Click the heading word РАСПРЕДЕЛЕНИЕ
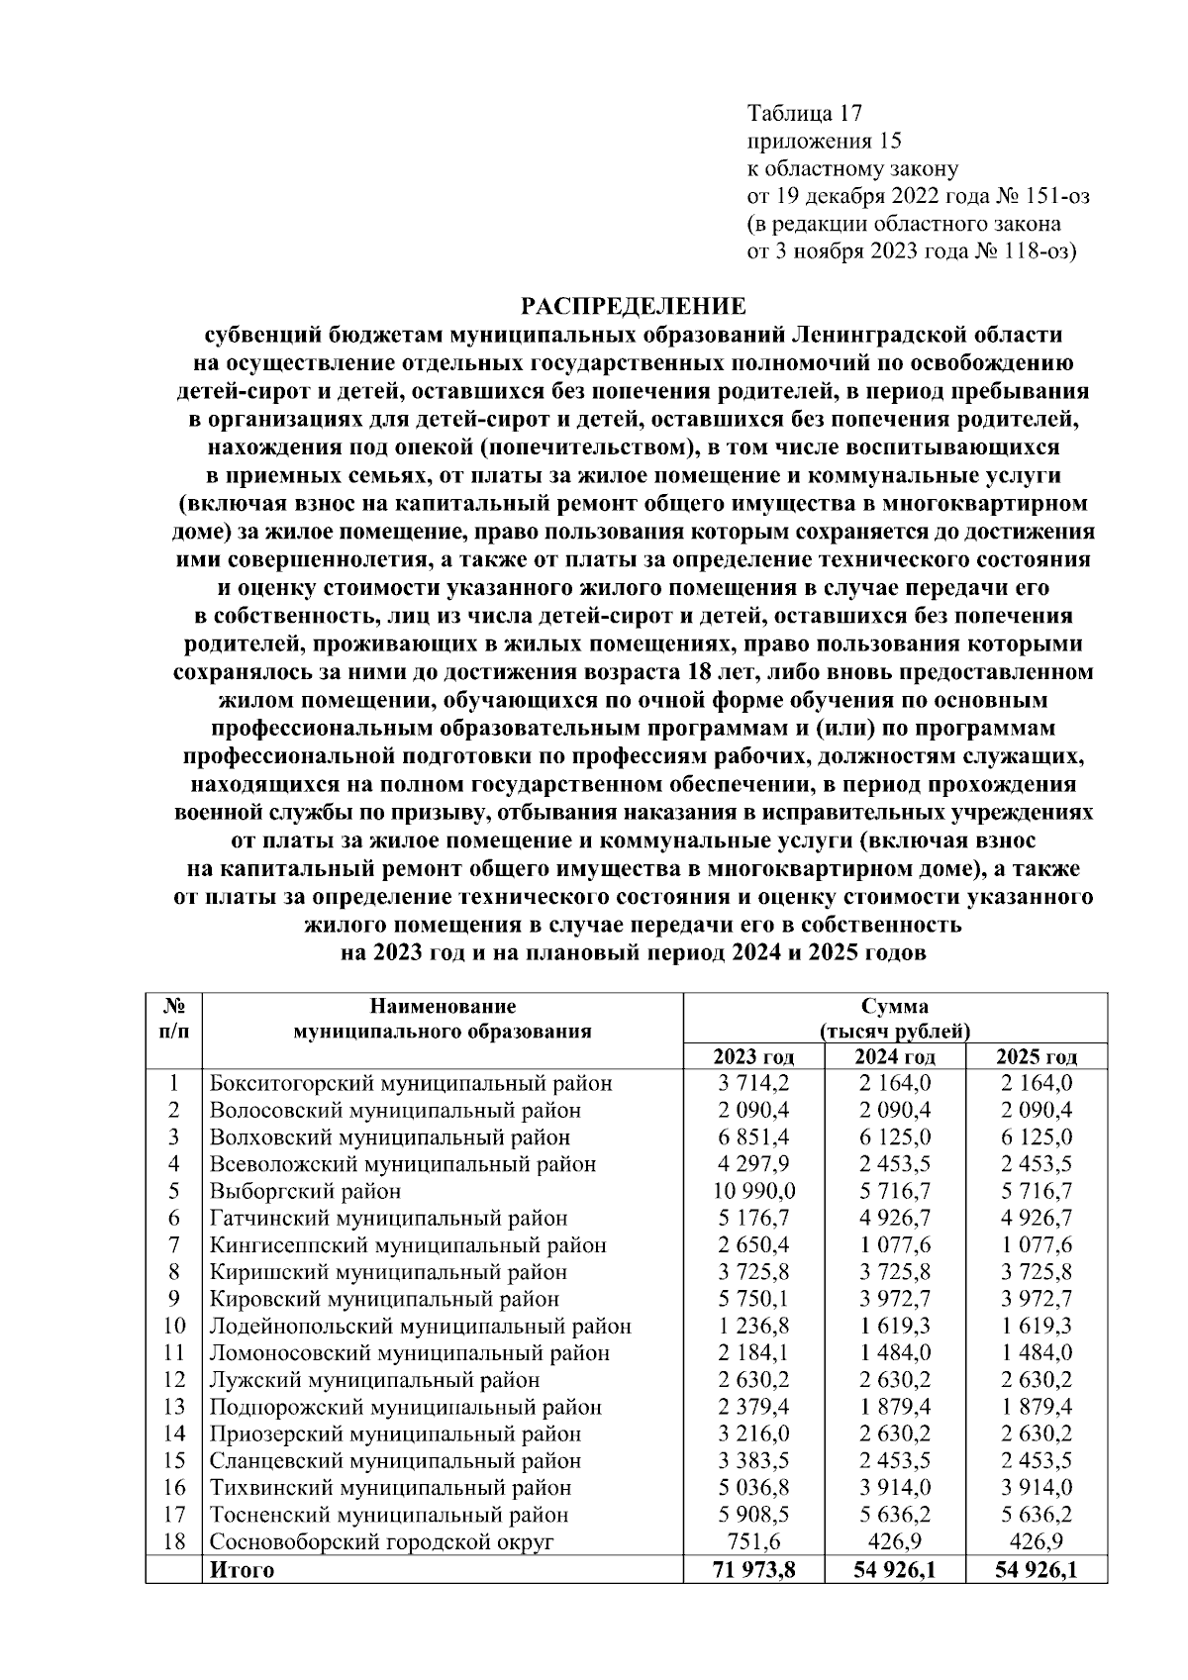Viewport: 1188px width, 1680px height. click(x=634, y=304)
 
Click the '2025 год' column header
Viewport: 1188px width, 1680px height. click(x=1036, y=1056)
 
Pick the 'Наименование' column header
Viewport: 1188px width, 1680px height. click(x=443, y=1007)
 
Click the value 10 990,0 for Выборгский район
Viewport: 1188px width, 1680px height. click(x=754, y=1191)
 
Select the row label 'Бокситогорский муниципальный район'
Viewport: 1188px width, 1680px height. click(x=411, y=1084)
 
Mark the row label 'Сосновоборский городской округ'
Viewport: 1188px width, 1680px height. click(x=381, y=1541)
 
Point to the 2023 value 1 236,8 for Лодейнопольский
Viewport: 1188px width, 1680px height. click(x=754, y=1326)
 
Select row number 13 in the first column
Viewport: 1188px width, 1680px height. click(x=174, y=1407)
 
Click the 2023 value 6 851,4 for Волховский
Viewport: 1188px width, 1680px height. click(x=754, y=1137)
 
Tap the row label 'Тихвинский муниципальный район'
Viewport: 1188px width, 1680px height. click(x=390, y=1487)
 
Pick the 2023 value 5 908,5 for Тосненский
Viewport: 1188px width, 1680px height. click(x=754, y=1515)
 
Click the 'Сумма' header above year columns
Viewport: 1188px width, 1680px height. click(x=894, y=1007)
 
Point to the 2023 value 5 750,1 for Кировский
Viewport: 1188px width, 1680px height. click(x=754, y=1299)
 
